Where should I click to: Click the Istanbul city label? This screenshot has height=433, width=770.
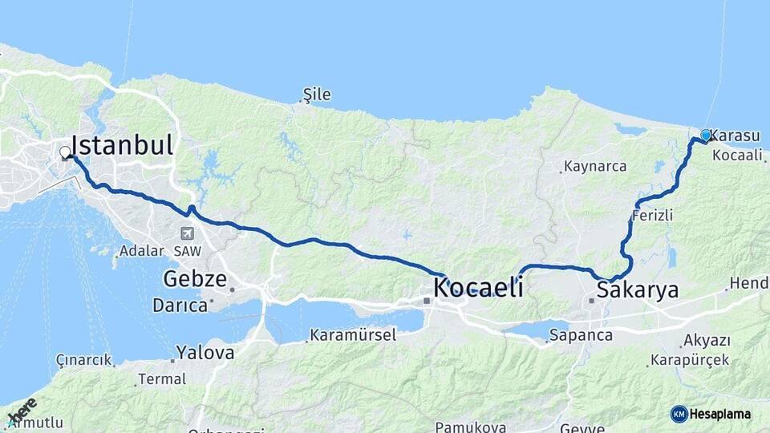pyautogui.click(x=122, y=145)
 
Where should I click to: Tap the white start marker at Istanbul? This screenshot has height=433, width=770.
pyautogui.click(x=65, y=152)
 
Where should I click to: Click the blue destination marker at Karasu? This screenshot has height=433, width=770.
pyautogui.click(x=705, y=136)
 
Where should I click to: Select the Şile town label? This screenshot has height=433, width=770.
pyautogui.click(x=317, y=95)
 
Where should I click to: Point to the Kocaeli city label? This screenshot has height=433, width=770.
pyautogui.click(x=478, y=287)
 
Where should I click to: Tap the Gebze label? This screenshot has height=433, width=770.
pyautogui.click(x=192, y=279)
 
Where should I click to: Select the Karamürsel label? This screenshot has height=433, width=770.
pyautogui.click(x=353, y=335)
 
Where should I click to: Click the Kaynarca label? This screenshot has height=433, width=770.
pyautogui.click(x=594, y=168)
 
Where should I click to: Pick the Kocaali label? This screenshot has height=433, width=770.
pyautogui.click(x=736, y=156)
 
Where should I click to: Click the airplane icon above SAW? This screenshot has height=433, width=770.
pyautogui.click(x=188, y=234)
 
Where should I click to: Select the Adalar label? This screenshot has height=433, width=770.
pyautogui.click(x=141, y=251)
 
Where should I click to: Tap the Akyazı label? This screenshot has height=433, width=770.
pyautogui.click(x=707, y=341)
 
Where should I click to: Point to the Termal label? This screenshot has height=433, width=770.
pyautogui.click(x=161, y=378)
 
